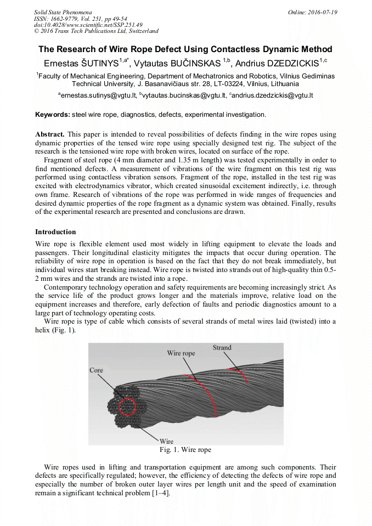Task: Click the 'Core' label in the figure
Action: [x=96, y=370]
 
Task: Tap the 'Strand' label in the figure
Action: [x=222, y=348]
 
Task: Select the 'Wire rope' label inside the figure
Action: [x=181, y=354]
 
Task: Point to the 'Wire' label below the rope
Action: [x=166, y=441]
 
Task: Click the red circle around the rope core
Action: [x=127, y=407]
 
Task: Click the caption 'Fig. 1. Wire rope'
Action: [x=185, y=450]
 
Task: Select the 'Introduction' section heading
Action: [x=55, y=232]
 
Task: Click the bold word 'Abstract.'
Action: [x=50, y=134]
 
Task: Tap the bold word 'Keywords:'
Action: [x=53, y=115]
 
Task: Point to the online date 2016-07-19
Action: [x=322, y=12]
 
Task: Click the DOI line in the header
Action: [x=88, y=25]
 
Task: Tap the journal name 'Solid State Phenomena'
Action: [x=63, y=12]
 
